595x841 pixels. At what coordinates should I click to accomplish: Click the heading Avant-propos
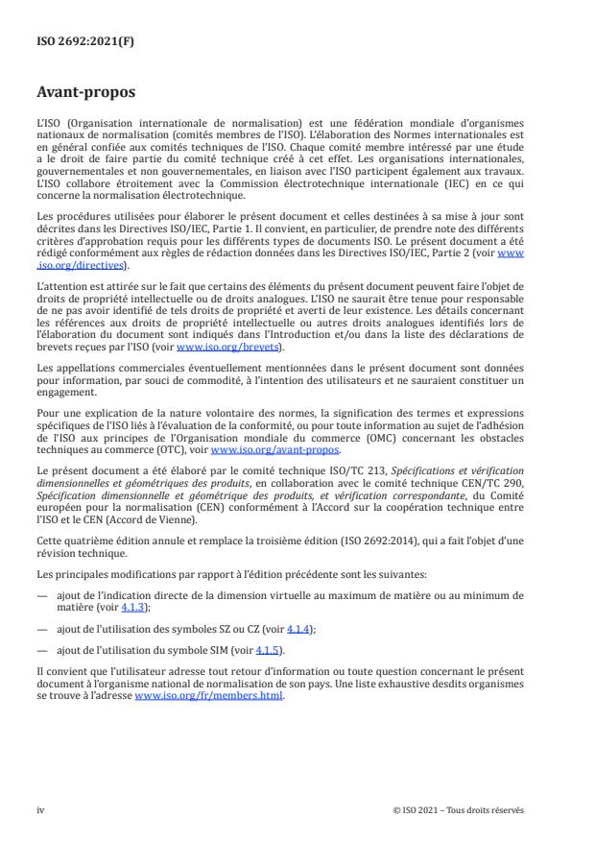pos(85,93)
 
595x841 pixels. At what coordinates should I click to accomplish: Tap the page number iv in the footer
pos(40,809)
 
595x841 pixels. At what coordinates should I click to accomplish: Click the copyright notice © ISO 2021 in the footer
pos(459,809)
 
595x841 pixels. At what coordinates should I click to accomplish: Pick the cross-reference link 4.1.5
pos(244,651)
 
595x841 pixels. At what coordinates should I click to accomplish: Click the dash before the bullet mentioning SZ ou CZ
pos(40,628)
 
